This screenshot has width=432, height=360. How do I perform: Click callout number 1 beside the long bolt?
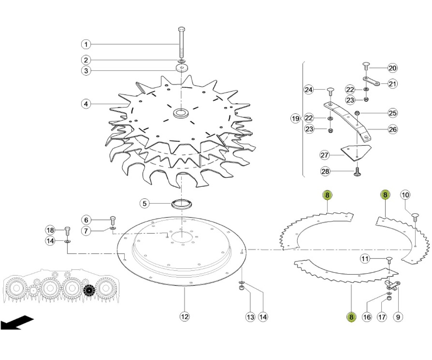[x=86, y=44]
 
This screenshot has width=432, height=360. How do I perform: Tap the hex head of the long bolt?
[x=181, y=29]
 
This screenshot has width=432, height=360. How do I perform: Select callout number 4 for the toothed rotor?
[x=86, y=104]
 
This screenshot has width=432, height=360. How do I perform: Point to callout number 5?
[x=144, y=203]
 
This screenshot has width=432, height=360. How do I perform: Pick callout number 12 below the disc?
[x=185, y=316]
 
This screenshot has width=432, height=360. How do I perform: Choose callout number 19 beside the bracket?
[x=295, y=118]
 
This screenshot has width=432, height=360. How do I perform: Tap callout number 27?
[x=324, y=155]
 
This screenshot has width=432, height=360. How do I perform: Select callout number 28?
[x=325, y=171]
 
